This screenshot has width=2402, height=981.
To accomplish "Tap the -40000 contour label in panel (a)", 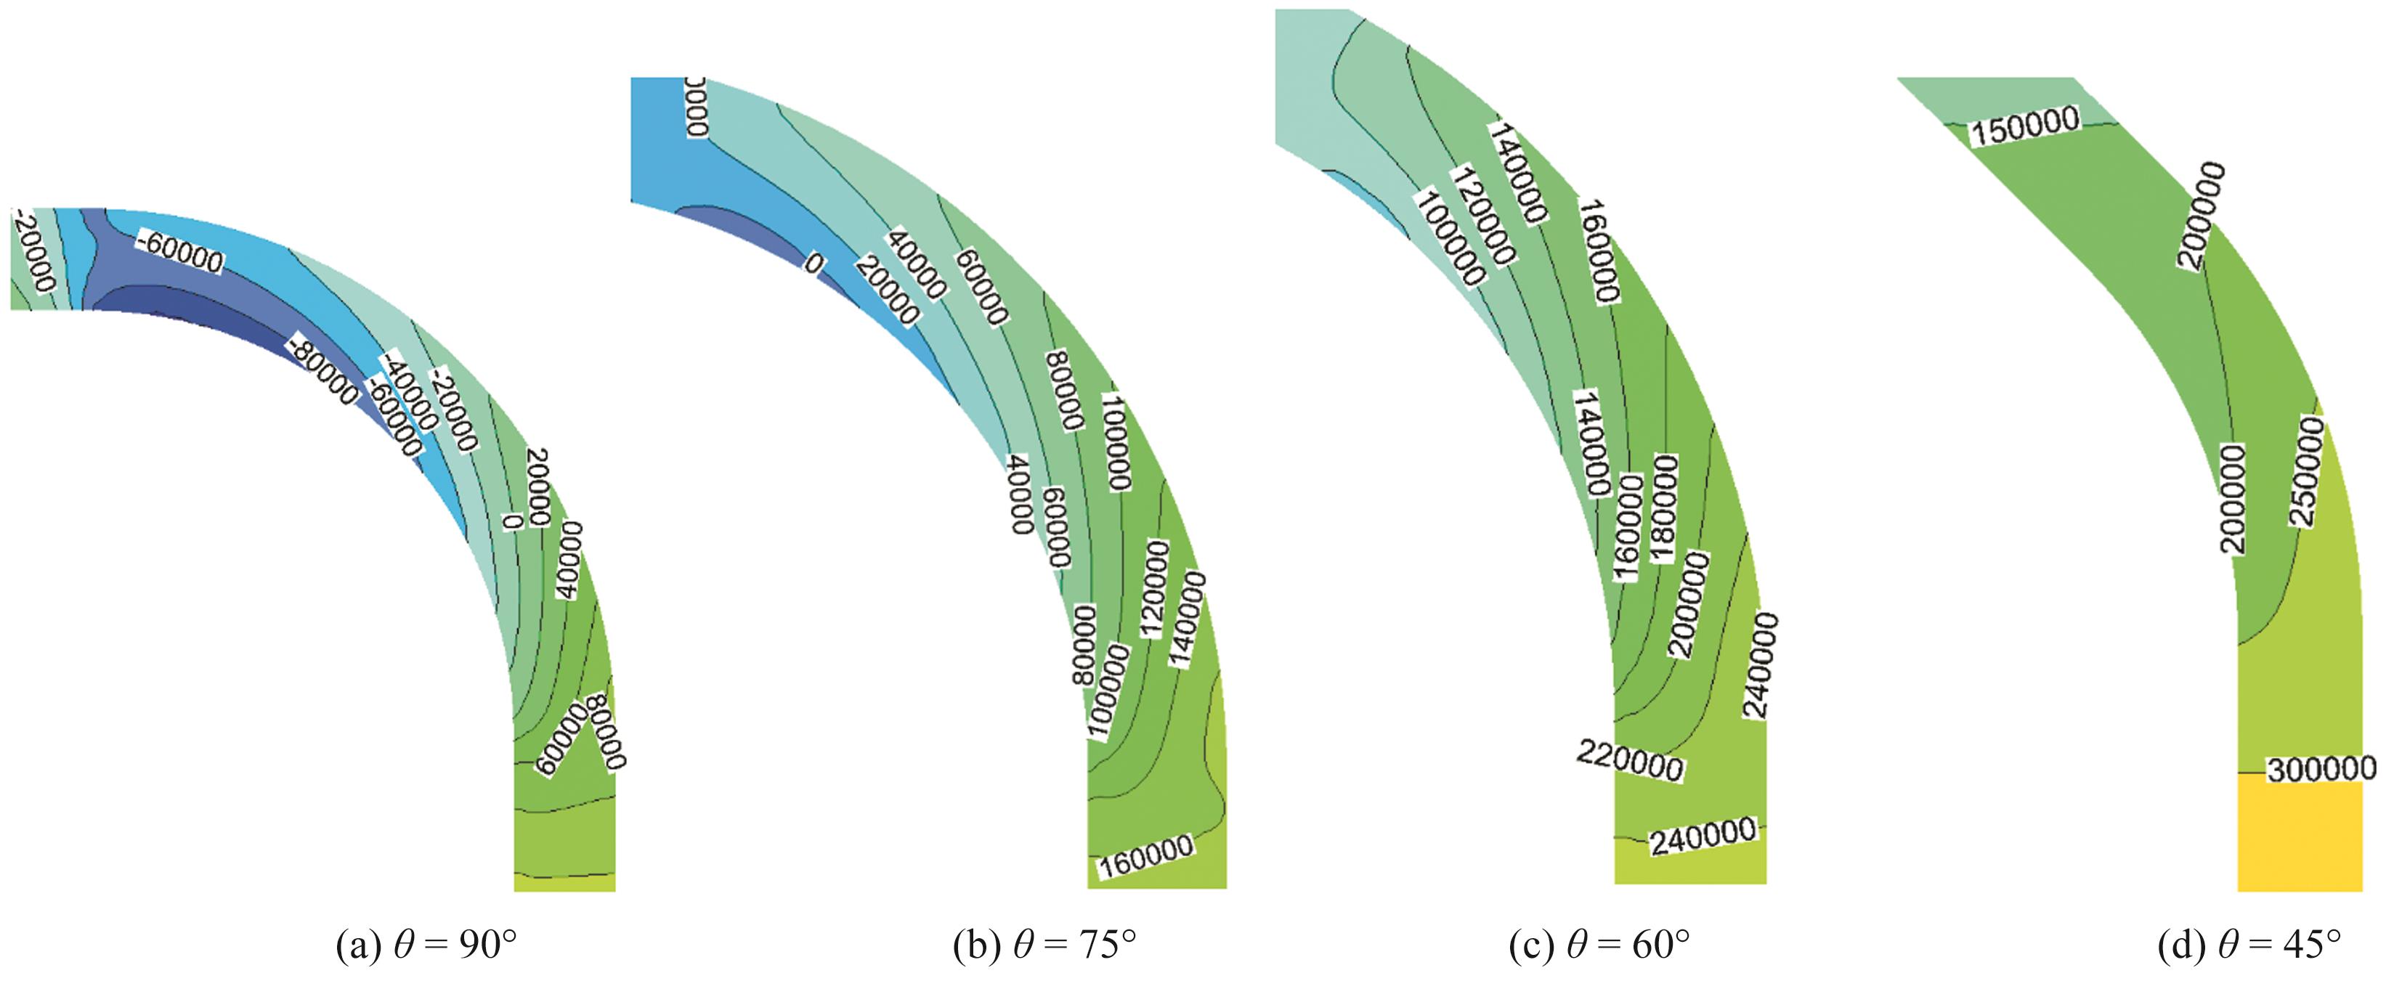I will pos(408,394).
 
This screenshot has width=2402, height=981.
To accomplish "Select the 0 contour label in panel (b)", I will pos(814,264).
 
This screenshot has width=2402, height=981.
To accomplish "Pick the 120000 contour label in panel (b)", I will pos(1154,590).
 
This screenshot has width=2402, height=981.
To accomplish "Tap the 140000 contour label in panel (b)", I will pos(1188,620).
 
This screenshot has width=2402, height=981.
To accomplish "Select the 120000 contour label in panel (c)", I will pos(1482,216).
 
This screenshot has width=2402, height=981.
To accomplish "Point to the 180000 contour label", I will pos(1665,508).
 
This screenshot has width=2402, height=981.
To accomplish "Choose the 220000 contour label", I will pos(1629,761).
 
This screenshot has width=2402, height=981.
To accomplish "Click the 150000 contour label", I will pos(2024,126).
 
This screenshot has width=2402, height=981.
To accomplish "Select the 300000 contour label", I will pos(2321,769).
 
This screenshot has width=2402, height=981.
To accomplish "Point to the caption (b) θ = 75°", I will pos(1044,945).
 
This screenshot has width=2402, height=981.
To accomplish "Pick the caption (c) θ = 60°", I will pos(1599,945).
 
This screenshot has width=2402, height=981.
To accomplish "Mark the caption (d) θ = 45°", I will pos(2248,945).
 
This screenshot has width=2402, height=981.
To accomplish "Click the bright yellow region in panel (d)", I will pos(2300,837).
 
